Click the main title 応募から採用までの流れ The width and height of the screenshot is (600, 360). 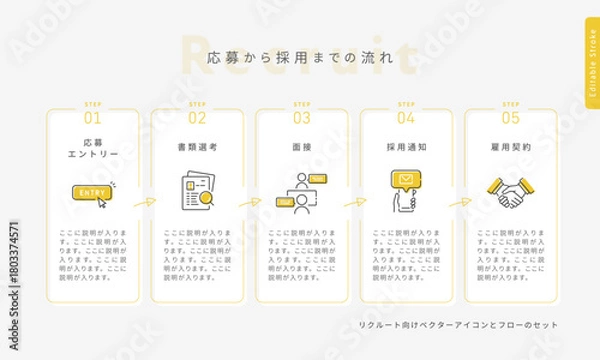pyautogui.click(x=300, y=59)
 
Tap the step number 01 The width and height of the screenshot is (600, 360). pyautogui.click(x=93, y=117)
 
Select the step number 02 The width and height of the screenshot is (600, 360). pyautogui.click(x=197, y=117)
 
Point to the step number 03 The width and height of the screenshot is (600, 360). pyautogui.click(x=302, y=117)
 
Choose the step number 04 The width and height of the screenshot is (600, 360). pyautogui.click(x=406, y=117)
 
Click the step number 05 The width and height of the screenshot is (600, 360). pyautogui.click(x=510, y=117)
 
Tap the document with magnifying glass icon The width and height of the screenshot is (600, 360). pyautogui.click(x=197, y=193)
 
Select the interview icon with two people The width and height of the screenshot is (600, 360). pyautogui.click(x=302, y=193)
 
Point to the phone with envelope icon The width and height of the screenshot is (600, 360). pyautogui.click(x=406, y=191)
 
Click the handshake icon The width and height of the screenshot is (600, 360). pyautogui.click(x=510, y=193)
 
